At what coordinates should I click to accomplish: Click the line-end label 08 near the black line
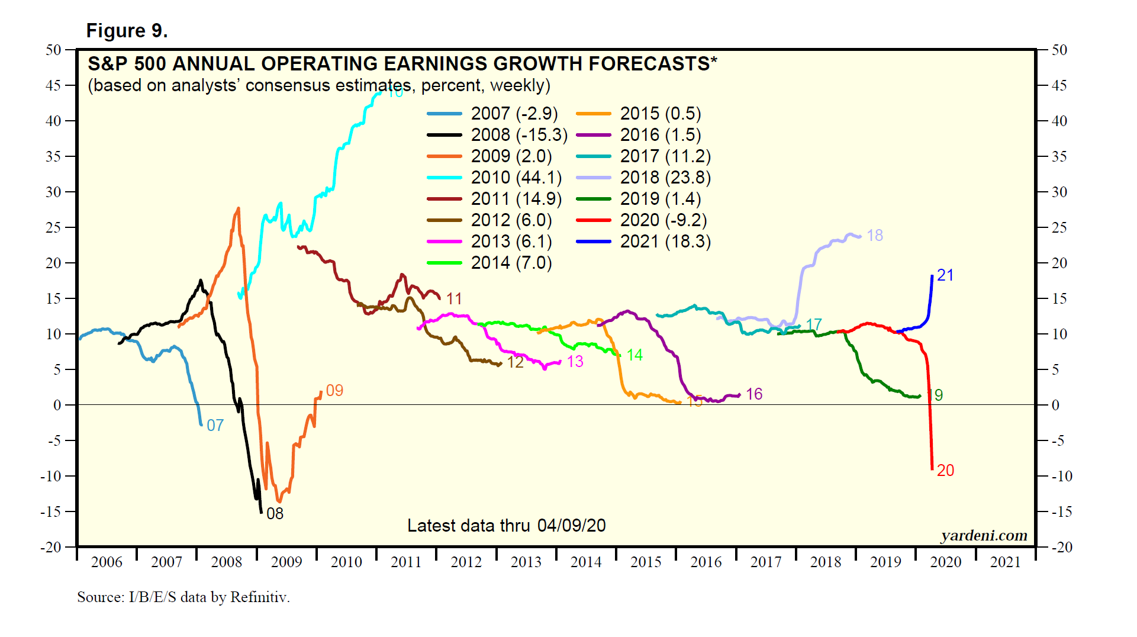coord(275,514)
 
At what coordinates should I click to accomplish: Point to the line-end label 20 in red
coord(945,471)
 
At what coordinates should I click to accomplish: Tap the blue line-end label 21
coord(945,275)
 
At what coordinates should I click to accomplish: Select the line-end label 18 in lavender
coord(875,236)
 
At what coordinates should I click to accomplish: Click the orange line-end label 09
coord(334,391)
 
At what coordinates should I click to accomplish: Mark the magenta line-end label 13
coord(575,362)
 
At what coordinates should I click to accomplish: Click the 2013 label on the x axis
coord(526,562)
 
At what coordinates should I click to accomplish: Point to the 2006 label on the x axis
coord(107,562)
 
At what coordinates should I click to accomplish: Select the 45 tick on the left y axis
coord(53,85)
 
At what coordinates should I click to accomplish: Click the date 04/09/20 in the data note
coord(571,526)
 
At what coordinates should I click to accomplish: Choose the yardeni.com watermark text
coord(984,535)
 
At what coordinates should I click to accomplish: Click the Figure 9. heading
coord(127,31)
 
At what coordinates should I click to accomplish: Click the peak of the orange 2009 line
coord(239,208)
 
